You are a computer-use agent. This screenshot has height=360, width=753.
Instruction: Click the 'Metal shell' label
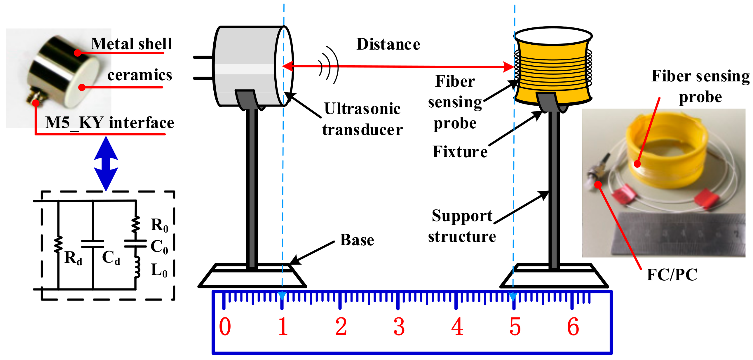[131, 44]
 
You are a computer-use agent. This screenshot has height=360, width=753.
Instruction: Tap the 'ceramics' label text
[140, 75]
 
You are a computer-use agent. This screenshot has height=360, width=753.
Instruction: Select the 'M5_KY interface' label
[110, 123]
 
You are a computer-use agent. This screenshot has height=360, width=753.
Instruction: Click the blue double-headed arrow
[106, 164]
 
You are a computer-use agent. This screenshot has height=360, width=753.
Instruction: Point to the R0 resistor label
[160, 225]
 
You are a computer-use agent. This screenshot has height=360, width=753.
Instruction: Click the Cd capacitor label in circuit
[111, 258]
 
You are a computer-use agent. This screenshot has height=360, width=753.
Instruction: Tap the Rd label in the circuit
[73, 258]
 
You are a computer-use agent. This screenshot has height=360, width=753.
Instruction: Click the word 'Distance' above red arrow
[388, 44]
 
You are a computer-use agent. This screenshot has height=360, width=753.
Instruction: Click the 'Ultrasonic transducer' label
[362, 119]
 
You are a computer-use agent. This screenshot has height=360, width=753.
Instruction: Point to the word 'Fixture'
[460, 152]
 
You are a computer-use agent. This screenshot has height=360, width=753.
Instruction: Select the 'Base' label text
[357, 240]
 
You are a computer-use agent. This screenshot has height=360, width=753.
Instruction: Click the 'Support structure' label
[462, 226]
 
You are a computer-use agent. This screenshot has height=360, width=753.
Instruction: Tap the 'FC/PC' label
[672, 275]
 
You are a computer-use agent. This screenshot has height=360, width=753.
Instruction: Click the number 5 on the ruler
[515, 326]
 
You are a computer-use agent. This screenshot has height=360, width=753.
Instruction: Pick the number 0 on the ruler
[225, 326]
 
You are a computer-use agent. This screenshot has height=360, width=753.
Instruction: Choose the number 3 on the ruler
[399, 326]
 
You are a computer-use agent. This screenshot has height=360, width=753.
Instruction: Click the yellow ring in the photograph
[667, 152]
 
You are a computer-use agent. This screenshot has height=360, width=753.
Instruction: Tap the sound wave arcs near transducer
[329, 66]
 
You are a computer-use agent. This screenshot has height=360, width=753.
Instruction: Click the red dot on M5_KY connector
[36, 103]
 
